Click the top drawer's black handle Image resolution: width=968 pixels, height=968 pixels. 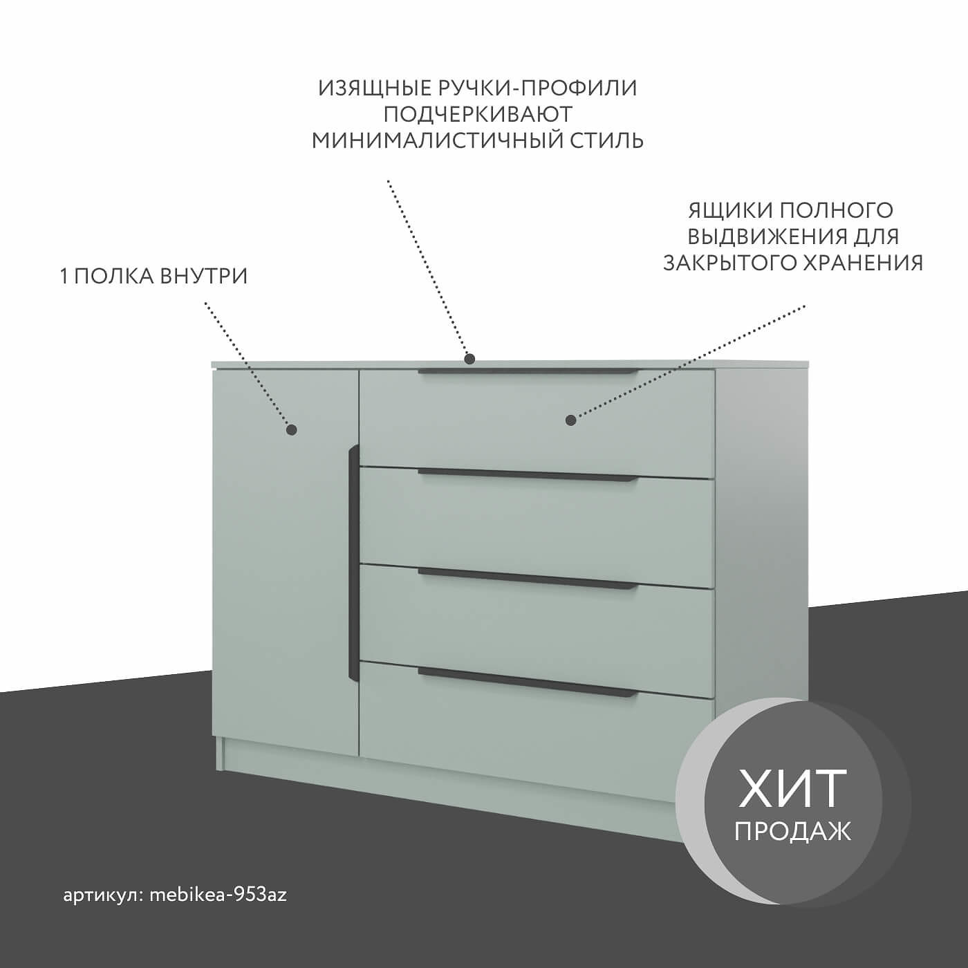[528, 372]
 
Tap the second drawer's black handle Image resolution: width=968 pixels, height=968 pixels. [528, 476]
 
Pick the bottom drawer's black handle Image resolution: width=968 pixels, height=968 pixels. [528, 682]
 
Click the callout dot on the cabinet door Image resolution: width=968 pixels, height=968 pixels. [291, 430]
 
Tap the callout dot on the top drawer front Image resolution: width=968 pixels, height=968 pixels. [570, 420]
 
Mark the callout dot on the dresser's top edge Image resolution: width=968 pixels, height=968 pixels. [469, 359]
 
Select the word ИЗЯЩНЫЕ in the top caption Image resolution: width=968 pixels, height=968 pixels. [375, 89]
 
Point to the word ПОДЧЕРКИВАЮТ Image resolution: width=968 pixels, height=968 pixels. [478, 115]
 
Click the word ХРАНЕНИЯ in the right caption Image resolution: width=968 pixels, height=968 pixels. [862, 263]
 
